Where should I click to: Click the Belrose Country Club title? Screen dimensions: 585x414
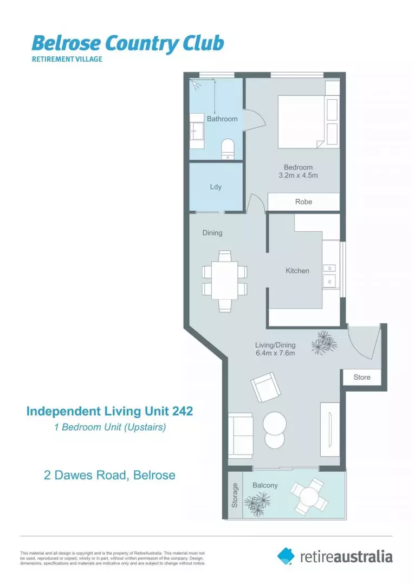click(x=127, y=43)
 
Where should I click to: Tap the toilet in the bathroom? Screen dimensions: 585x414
click(x=228, y=148)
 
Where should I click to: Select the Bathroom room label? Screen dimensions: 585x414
click(x=222, y=119)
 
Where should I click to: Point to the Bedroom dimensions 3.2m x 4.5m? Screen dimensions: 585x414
click(x=297, y=175)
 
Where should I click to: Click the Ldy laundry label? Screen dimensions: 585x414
click(x=216, y=187)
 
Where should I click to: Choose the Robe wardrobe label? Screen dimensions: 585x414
click(x=303, y=201)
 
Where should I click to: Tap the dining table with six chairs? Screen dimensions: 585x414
click(x=224, y=280)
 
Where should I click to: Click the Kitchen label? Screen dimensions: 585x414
click(x=297, y=270)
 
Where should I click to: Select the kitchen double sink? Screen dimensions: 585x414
click(x=328, y=275)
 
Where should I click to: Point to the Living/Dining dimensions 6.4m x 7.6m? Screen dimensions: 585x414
click(x=275, y=354)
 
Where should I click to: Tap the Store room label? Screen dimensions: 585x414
click(x=361, y=377)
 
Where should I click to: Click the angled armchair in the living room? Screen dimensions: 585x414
click(x=266, y=387)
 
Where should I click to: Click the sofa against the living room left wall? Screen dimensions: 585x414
click(x=240, y=434)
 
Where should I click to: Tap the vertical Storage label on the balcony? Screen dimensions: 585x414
click(x=235, y=495)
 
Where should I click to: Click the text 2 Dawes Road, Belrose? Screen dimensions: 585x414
click(x=109, y=475)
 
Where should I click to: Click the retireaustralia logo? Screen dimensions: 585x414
click(x=335, y=555)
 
